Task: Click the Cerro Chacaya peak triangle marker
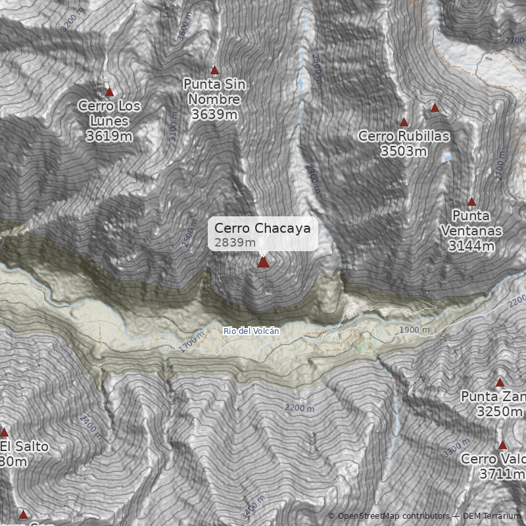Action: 263,262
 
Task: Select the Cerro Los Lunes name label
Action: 109,113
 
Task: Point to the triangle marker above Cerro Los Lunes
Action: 109,92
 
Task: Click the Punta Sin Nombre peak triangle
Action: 214,70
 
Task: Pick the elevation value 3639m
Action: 214,114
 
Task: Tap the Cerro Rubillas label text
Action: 404,136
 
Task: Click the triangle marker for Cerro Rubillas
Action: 404,122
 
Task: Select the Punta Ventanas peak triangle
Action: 471,202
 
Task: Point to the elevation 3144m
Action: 471,246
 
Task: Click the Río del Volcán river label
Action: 251,331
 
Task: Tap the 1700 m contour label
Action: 191,343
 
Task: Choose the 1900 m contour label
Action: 415,329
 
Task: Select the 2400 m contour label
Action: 91,427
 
